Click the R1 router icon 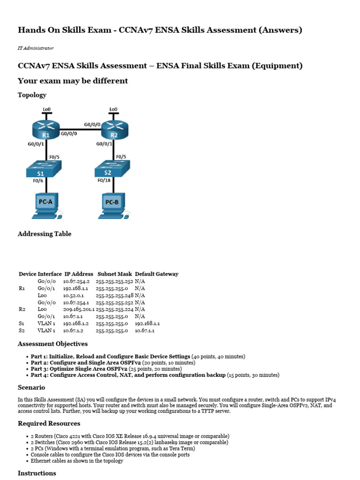click(x=46, y=129)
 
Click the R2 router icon click(x=113, y=129)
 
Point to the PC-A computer click(x=47, y=205)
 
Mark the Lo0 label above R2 click(x=113, y=109)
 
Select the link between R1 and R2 click(x=80, y=129)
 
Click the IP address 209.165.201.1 click(x=79, y=309)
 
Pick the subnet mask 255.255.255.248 click(x=114, y=295)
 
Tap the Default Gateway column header click(x=157, y=274)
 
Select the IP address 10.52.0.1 click(x=74, y=295)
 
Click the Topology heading click(x=32, y=95)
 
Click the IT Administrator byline click(x=36, y=48)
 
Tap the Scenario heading click(x=31, y=388)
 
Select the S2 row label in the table click(x=22, y=330)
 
